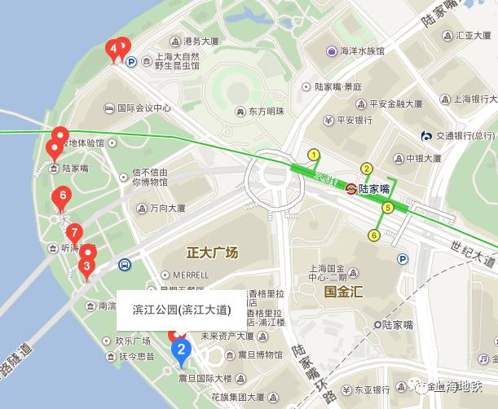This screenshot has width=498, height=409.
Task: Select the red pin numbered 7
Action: coord(74,231)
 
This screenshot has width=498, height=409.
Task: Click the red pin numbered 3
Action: coord(86,265)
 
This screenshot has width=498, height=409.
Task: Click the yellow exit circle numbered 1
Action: coord(313,155)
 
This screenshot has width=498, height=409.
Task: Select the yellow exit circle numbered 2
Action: coord(367,169)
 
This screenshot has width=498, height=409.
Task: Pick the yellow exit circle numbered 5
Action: coord(387,208)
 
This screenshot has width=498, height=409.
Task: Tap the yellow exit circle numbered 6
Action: coord(374,235)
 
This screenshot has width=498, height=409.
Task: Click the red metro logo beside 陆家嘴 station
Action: coord(350,188)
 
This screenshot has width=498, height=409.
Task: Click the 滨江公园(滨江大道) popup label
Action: coord(182,310)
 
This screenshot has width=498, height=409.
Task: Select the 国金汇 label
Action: coord(343,290)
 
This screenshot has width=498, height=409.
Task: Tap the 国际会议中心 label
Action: coord(143,107)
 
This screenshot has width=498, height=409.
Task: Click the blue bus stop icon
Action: coord(124,265)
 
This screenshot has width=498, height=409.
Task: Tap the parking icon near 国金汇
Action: coord(402,259)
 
